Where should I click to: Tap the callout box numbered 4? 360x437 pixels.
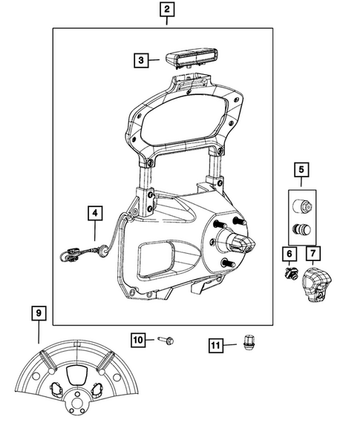click(x=94, y=213)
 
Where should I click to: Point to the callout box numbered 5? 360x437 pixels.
click(x=301, y=171)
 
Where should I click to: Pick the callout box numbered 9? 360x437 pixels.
click(x=38, y=313)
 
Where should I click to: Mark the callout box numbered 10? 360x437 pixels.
click(x=138, y=340)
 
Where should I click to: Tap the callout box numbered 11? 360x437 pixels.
click(x=215, y=344)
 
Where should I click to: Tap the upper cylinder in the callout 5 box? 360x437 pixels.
click(x=301, y=206)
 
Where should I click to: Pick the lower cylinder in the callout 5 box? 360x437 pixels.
click(x=301, y=229)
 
